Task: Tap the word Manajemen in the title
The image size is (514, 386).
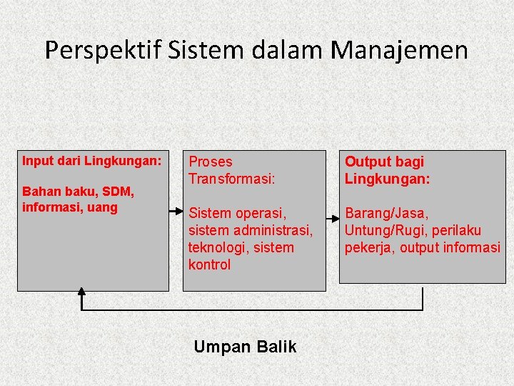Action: pyautogui.click(x=399, y=50)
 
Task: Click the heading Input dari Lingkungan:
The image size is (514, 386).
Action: pyautogui.click(x=92, y=161)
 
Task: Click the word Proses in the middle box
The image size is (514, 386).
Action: pyautogui.click(x=211, y=162)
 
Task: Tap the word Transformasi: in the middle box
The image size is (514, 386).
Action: pyautogui.click(x=231, y=179)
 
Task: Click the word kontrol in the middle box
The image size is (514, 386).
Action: pyautogui.click(x=209, y=264)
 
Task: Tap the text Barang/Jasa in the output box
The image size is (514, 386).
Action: pyautogui.click(x=385, y=213)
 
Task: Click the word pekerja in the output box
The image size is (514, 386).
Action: pyautogui.click(x=368, y=247)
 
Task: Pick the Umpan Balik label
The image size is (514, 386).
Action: pyautogui.click(x=245, y=347)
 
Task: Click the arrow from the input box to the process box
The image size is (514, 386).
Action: pyautogui.click(x=176, y=212)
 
